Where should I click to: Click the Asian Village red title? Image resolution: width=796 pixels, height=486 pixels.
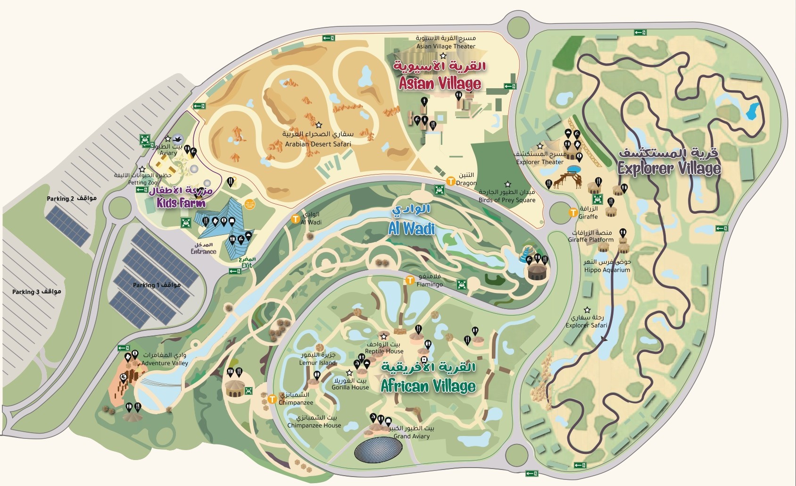pyautogui.click(x=439, y=84)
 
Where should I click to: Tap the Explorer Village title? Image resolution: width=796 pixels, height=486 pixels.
pyautogui.click(x=669, y=168)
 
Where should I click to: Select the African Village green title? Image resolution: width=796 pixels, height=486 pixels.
pyautogui.click(x=428, y=386)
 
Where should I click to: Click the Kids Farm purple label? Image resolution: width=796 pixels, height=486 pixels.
pyautogui.click(x=181, y=203)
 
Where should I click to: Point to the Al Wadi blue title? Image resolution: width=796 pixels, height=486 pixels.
pyautogui.click(x=411, y=229)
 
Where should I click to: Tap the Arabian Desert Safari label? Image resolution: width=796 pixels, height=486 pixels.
pyautogui.click(x=318, y=144)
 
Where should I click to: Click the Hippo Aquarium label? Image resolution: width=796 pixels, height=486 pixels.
pyautogui.click(x=607, y=270)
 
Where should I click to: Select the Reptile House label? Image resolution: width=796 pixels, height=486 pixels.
pyautogui.click(x=384, y=351)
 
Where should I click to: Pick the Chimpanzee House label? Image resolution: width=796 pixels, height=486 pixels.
pyautogui.click(x=314, y=425)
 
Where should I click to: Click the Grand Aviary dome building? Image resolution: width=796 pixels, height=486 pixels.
pyautogui.click(x=378, y=450)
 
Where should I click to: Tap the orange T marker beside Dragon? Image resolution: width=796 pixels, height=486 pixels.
pyautogui.click(x=450, y=181)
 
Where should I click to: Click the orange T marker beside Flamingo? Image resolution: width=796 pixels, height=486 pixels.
pyautogui.click(x=410, y=281)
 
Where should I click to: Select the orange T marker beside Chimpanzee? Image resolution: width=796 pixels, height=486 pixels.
pyautogui.click(x=272, y=399)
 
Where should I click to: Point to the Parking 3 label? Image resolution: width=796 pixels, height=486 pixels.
pyautogui.click(x=36, y=292)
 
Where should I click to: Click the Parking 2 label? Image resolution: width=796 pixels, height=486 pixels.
pyautogui.click(x=71, y=198)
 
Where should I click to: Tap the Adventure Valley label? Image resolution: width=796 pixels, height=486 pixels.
pyautogui.click(x=165, y=363)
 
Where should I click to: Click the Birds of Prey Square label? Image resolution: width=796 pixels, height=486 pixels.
pyautogui.click(x=507, y=200)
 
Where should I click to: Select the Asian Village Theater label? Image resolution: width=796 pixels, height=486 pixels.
pyautogui.click(x=446, y=46)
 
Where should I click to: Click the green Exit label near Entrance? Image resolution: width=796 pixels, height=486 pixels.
pyautogui.click(x=247, y=266)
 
